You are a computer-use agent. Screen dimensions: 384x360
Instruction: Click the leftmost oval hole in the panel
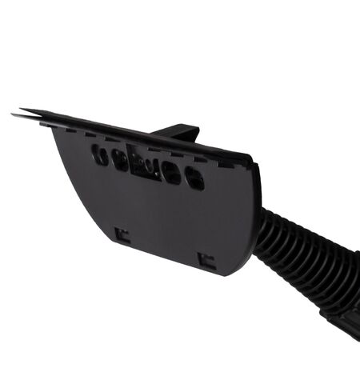pos(100,155)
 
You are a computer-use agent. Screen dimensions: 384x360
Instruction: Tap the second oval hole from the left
pos(120,161)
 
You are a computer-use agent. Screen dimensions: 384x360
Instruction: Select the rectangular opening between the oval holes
pos(145,166)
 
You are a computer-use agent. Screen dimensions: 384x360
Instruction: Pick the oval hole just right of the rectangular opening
pos(171,172)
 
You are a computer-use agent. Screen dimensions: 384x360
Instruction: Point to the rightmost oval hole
pos(194,178)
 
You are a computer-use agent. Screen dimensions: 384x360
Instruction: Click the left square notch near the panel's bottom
pos(122,234)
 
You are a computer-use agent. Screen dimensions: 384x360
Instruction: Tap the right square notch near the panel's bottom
pos(206,260)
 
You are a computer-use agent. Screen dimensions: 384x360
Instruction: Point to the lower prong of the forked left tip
pos(19,117)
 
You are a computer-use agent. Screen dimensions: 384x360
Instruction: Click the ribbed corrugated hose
pos(304,256)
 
